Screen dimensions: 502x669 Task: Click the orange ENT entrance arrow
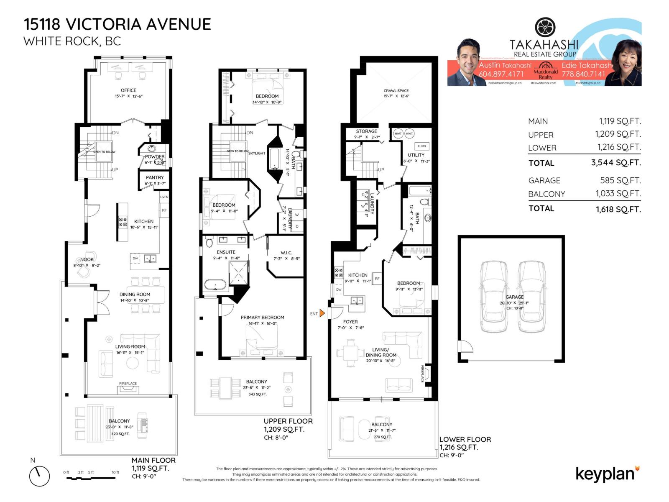(x=322, y=313)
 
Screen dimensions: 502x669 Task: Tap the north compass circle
(x=39, y=476)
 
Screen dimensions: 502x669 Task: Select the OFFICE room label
(x=128, y=90)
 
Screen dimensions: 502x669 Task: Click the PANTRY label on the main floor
(x=155, y=177)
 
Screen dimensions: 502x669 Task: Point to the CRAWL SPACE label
(x=396, y=90)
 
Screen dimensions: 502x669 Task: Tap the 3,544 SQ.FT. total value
(x=615, y=163)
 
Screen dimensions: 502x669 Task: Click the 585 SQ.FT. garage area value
(x=620, y=180)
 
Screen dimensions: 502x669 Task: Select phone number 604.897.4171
(x=501, y=74)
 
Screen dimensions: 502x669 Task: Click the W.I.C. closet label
(x=286, y=253)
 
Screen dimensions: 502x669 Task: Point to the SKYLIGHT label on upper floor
(x=257, y=153)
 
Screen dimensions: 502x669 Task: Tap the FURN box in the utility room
(x=421, y=146)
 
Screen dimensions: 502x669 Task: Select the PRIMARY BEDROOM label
(x=262, y=318)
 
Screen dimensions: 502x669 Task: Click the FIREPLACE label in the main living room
(x=128, y=383)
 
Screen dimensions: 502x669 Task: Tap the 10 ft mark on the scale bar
(x=115, y=472)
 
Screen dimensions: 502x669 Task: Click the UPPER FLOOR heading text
(x=288, y=421)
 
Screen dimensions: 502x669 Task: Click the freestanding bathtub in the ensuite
(x=215, y=285)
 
